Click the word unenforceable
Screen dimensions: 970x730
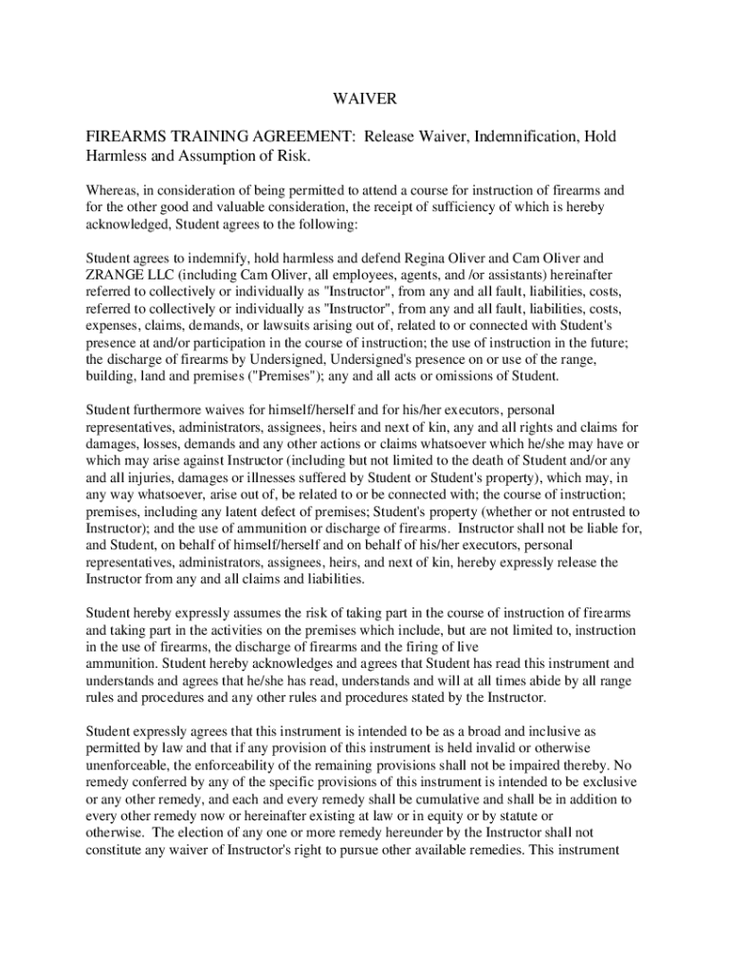click(129, 765)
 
